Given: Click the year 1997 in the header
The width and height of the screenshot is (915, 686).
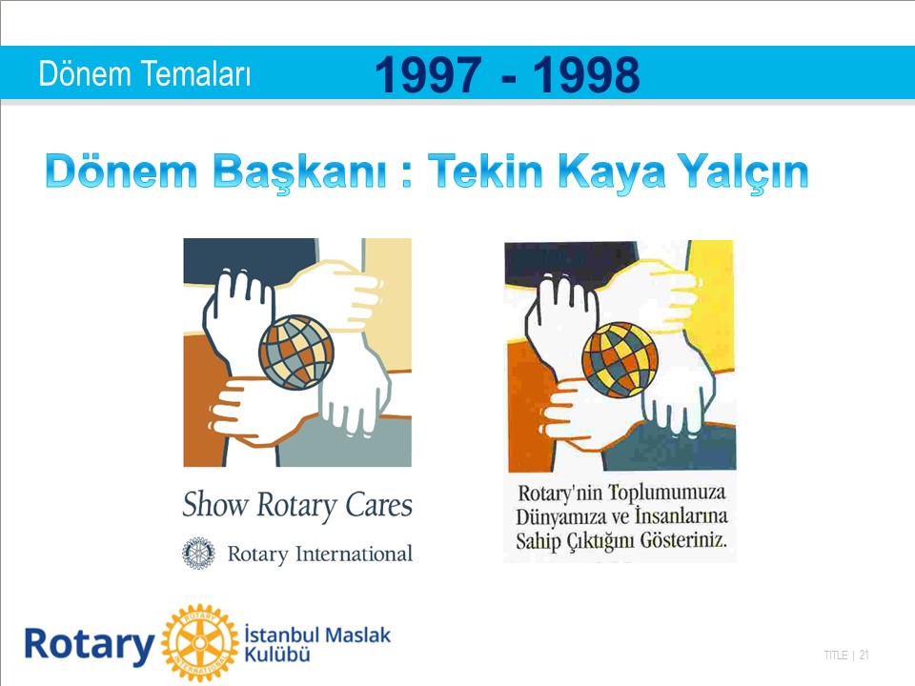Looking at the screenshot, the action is (428, 74).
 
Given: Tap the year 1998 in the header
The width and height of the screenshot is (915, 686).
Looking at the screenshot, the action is (586, 74).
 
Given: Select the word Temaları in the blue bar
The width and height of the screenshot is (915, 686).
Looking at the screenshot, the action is (196, 74).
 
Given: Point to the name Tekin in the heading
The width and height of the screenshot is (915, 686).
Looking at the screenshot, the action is (485, 171).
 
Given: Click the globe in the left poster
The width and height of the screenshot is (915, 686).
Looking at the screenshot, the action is (296, 353).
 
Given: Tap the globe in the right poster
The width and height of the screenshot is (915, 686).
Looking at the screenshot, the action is (620, 360).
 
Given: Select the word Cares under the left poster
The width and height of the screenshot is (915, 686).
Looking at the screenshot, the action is (378, 505).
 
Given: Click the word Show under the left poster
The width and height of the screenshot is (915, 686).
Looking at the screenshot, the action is (215, 504).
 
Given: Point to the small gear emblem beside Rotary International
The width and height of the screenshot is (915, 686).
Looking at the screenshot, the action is (198, 553).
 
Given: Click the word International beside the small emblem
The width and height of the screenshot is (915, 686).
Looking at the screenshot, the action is (354, 554).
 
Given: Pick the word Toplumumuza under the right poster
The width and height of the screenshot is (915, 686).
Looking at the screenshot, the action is (667, 493).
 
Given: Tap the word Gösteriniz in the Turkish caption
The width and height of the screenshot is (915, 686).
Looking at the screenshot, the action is (683, 541).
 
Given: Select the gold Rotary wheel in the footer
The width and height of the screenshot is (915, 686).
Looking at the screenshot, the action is (200, 643).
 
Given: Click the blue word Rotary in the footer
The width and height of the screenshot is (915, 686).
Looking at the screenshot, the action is (90, 645).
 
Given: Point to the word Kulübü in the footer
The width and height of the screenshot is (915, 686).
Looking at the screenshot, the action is (277, 655).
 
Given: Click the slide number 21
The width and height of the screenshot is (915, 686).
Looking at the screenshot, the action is (864, 656).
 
